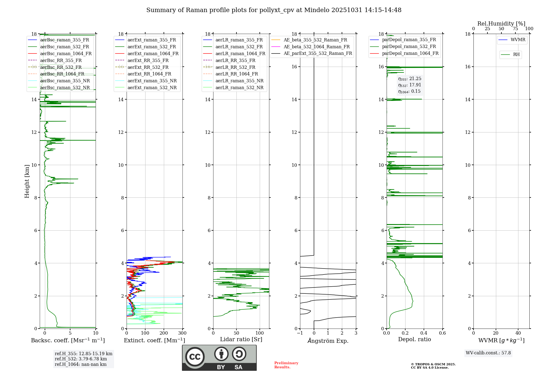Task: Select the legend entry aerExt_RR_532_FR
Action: click(148, 67)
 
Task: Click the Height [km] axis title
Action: click(27, 181)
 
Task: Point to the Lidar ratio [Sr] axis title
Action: click(241, 340)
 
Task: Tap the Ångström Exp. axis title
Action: click(328, 341)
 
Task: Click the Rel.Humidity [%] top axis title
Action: click(501, 24)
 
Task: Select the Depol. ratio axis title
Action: click(414, 340)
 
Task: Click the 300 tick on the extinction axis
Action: click(182, 333)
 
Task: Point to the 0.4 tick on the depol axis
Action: click(424, 333)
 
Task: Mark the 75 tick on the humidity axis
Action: click(515, 29)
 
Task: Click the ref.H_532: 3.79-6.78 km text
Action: click(81, 359)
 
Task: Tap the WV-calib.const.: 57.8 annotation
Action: click(488, 353)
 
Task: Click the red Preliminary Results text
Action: click(286, 365)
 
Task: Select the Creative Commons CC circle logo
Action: click(195, 357)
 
